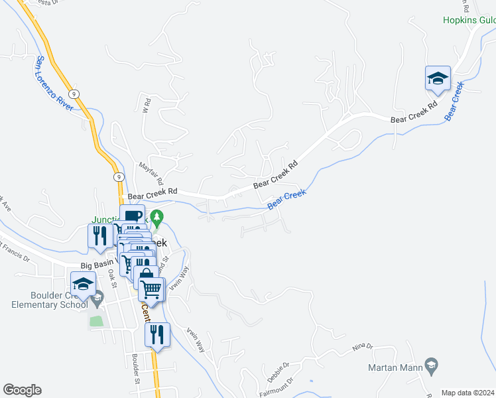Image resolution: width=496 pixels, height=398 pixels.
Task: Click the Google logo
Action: [x=22, y=390]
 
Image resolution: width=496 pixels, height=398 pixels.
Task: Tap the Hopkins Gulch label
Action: [x=469, y=20]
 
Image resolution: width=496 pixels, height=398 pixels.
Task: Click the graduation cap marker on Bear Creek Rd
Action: [x=438, y=79]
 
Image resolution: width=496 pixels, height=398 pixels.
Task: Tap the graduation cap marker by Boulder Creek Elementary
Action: [x=83, y=285]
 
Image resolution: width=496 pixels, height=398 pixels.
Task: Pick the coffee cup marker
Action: [x=133, y=216]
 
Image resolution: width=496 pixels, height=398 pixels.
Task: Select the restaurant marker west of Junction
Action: [x=100, y=236]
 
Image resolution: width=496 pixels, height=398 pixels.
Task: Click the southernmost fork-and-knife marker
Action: [x=157, y=334]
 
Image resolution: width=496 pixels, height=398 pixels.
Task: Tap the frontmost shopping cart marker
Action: [x=152, y=289]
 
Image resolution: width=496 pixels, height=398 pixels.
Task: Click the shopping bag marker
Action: [x=145, y=275]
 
